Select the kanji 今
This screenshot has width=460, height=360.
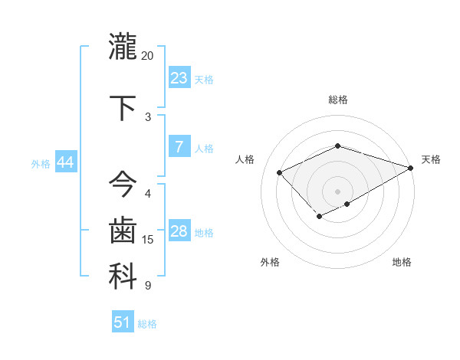(x=123, y=185)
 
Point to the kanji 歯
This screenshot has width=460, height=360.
(x=123, y=231)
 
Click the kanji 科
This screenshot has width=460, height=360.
(x=123, y=277)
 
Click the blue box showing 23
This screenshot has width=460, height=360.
(x=179, y=78)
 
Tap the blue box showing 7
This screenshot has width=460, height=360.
(x=179, y=147)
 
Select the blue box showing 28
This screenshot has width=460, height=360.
(x=179, y=231)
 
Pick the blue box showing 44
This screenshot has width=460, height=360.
(x=65, y=162)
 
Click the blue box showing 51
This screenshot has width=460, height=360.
(x=123, y=322)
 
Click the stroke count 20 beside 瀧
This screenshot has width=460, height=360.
(x=148, y=56)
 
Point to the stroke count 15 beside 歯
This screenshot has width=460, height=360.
(x=148, y=240)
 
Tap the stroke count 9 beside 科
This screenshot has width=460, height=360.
(x=148, y=286)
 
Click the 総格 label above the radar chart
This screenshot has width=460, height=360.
(x=337, y=100)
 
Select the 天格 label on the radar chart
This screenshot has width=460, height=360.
(x=431, y=159)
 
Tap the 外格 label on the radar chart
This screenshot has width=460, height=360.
(x=269, y=262)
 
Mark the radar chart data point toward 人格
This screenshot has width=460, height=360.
(x=280, y=172)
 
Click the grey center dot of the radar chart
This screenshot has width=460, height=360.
(x=337, y=191)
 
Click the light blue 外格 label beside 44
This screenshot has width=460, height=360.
(x=41, y=163)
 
